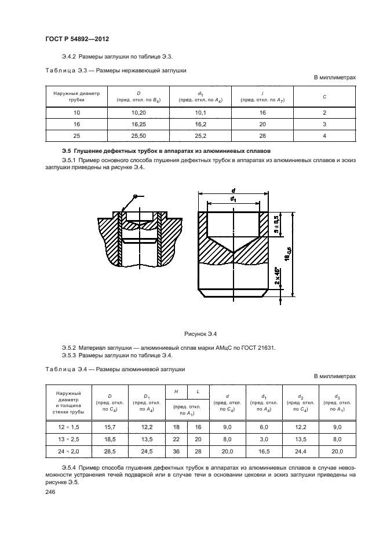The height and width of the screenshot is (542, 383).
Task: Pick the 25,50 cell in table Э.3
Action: pos(138,135)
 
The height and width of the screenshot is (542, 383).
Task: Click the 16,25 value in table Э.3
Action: pos(138,124)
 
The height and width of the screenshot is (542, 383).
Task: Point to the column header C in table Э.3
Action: pos(324,96)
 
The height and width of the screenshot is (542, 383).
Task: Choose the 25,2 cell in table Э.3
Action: pos(200,135)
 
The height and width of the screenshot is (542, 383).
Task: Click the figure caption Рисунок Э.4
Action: pos(200,334)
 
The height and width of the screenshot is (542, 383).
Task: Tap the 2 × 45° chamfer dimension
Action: pos(277,276)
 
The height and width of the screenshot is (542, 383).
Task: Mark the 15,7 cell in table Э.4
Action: pos(110,427)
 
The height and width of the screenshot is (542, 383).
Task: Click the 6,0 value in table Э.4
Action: pos(264,427)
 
